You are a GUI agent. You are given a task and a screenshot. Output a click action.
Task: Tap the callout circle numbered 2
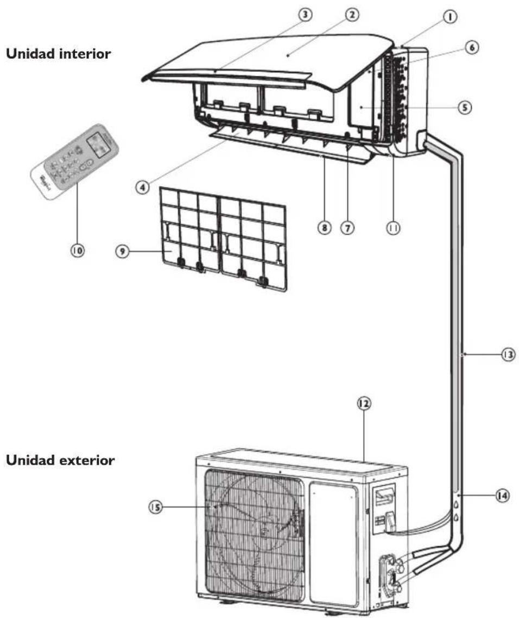[352, 15]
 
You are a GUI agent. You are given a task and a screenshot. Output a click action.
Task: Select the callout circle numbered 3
[306, 15]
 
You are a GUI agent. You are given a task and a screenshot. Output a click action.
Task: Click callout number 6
[471, 48]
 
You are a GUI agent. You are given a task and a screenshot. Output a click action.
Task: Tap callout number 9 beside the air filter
[125, 253]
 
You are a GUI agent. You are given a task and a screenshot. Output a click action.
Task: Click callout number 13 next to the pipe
[507, 354]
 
